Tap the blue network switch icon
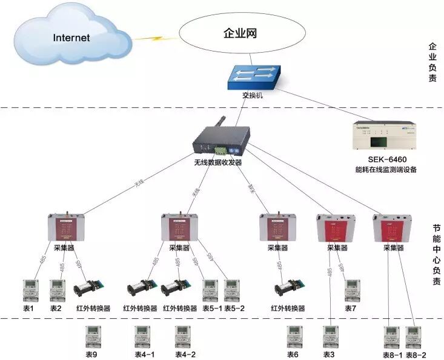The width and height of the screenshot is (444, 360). click(256, 75)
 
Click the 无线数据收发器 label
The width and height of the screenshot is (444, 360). click(217, 162)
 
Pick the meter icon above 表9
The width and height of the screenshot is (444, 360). click(93, 336)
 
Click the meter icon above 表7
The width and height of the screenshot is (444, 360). click(351, 290)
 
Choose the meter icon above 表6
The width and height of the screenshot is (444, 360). click(294, 336)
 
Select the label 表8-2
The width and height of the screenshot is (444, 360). click(416, 355)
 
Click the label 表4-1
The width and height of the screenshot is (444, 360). click(144, 355)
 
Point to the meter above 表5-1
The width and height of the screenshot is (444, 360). click(210, 290)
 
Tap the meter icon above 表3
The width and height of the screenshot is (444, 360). click(330, 336)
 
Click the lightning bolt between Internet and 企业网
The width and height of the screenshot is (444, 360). click(150, 38)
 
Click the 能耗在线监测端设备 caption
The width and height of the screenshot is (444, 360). click(385, 170)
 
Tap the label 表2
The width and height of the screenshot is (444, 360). click(56, 308)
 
